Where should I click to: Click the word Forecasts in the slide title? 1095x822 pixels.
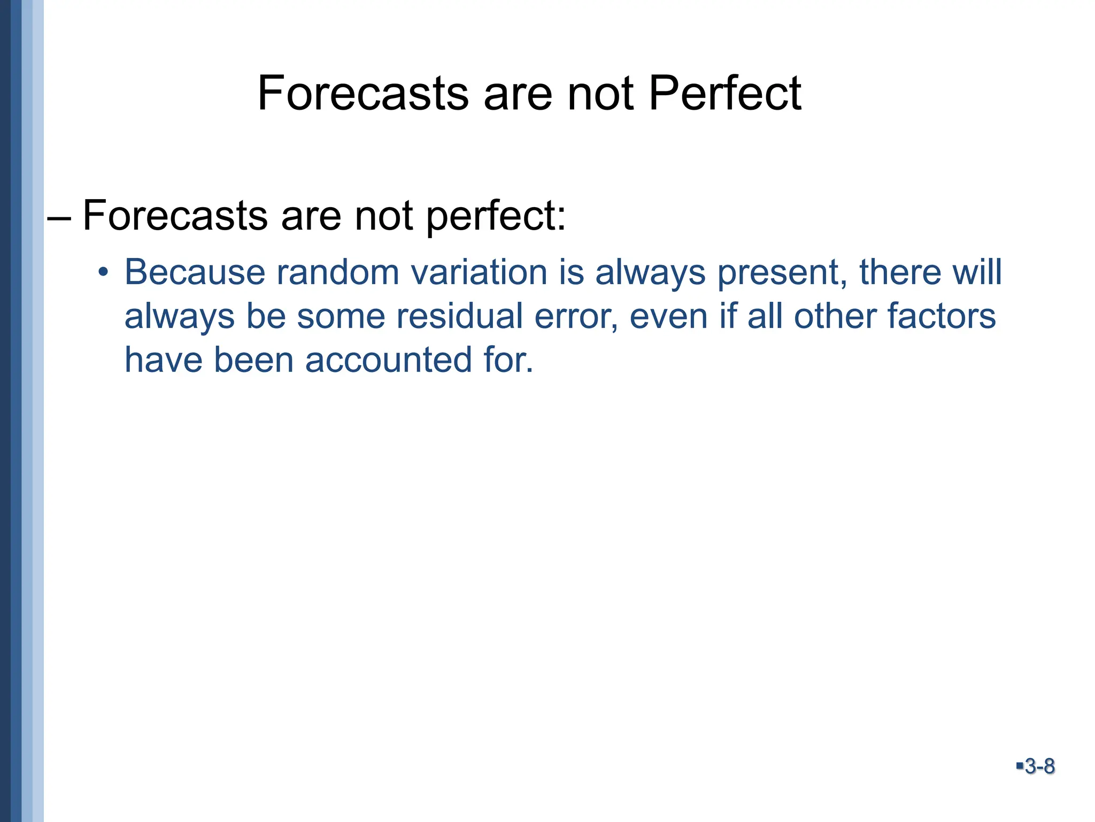point(364,94)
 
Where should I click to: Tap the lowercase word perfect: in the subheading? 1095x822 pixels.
point(496,217)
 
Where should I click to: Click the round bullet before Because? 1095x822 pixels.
point(103,273)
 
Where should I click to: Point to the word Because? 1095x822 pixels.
point(195,272)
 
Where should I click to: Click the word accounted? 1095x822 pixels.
point(389,360)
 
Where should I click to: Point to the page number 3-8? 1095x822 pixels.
point(1039,766)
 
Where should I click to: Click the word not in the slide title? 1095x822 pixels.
point(600,94)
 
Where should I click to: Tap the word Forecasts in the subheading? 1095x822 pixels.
point(175,216)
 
